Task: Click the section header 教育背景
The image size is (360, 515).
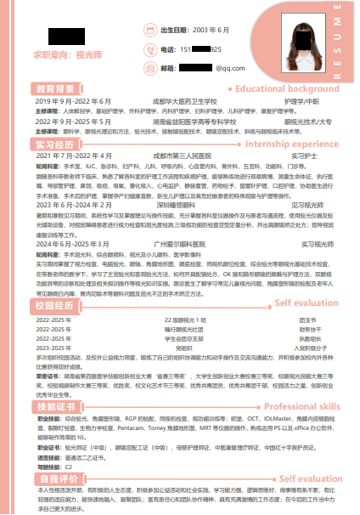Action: (55, 88)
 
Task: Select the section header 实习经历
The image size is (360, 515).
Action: (55, 144)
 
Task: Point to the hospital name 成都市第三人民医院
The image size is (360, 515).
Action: (182, 156)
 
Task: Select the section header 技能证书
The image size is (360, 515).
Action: (55, 408)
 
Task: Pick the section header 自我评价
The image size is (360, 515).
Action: (55, 479)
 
